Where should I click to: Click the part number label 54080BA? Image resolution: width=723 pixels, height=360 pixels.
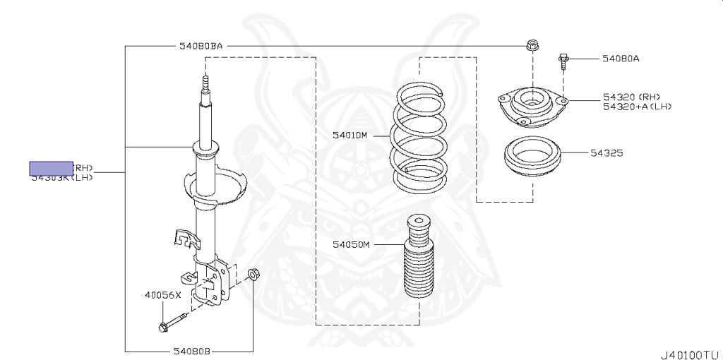201,47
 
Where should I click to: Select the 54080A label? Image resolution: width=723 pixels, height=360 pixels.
621,59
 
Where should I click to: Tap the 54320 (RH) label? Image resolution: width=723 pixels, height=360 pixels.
633,97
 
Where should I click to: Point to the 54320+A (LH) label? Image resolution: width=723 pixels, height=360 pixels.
637,107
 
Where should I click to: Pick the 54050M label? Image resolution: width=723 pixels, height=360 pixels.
351,244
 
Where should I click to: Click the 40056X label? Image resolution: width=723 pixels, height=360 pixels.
162,296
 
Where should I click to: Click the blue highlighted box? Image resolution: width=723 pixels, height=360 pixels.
51,168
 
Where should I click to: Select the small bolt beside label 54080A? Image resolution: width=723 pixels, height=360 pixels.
563,61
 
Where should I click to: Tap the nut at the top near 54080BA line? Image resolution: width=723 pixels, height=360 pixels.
532,47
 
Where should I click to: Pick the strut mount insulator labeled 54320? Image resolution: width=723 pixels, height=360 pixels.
532,106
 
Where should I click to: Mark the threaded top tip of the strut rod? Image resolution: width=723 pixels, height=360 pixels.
205,86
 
